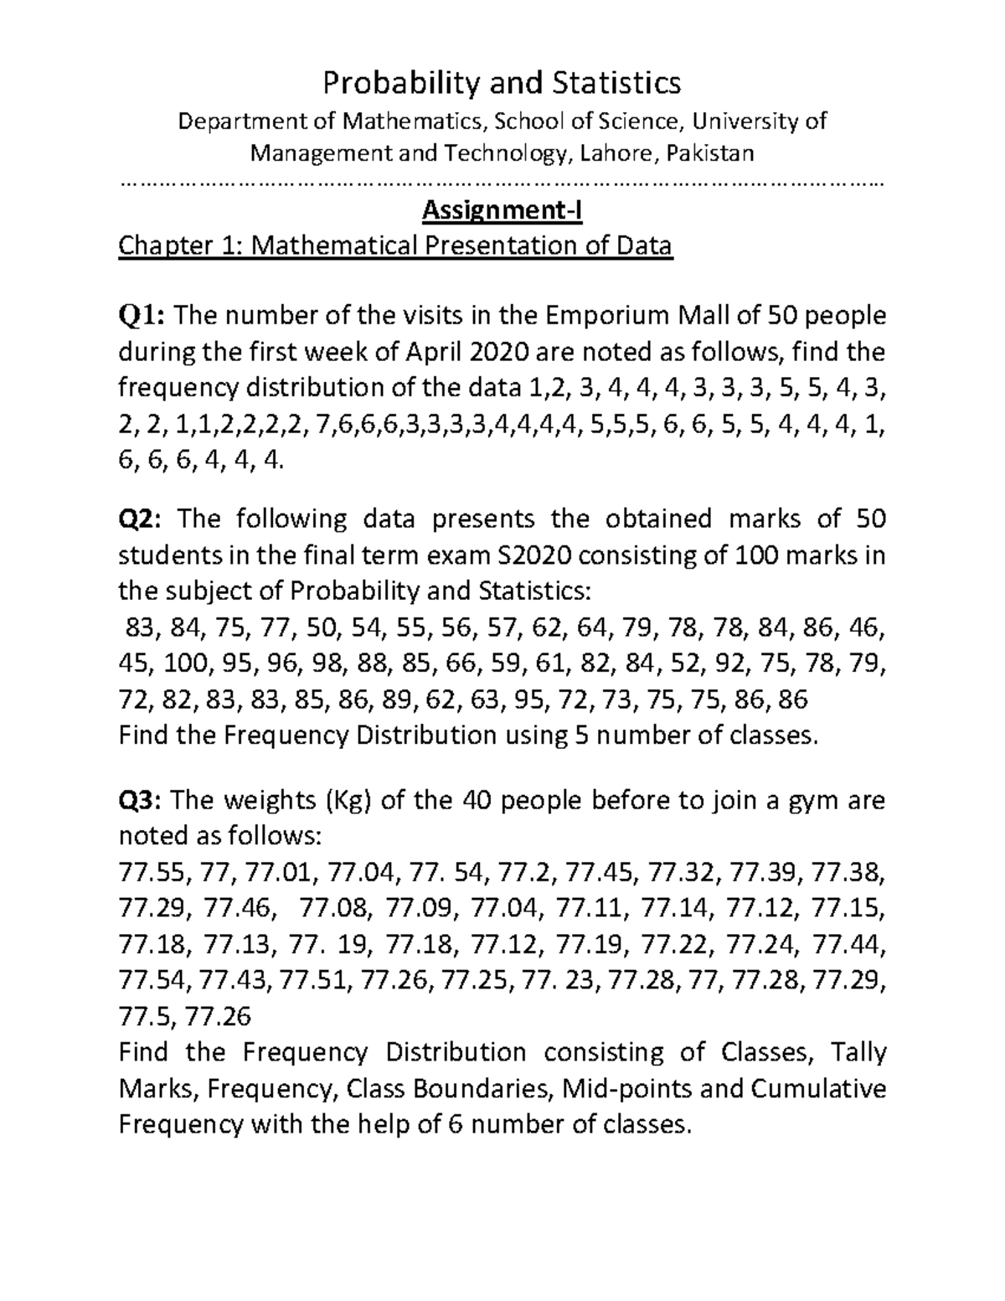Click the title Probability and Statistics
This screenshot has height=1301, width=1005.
(502, 83)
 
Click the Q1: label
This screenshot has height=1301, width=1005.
(143, 317)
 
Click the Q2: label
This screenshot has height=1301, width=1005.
(143, 519)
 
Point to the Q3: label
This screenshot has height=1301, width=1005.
(143, 802)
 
